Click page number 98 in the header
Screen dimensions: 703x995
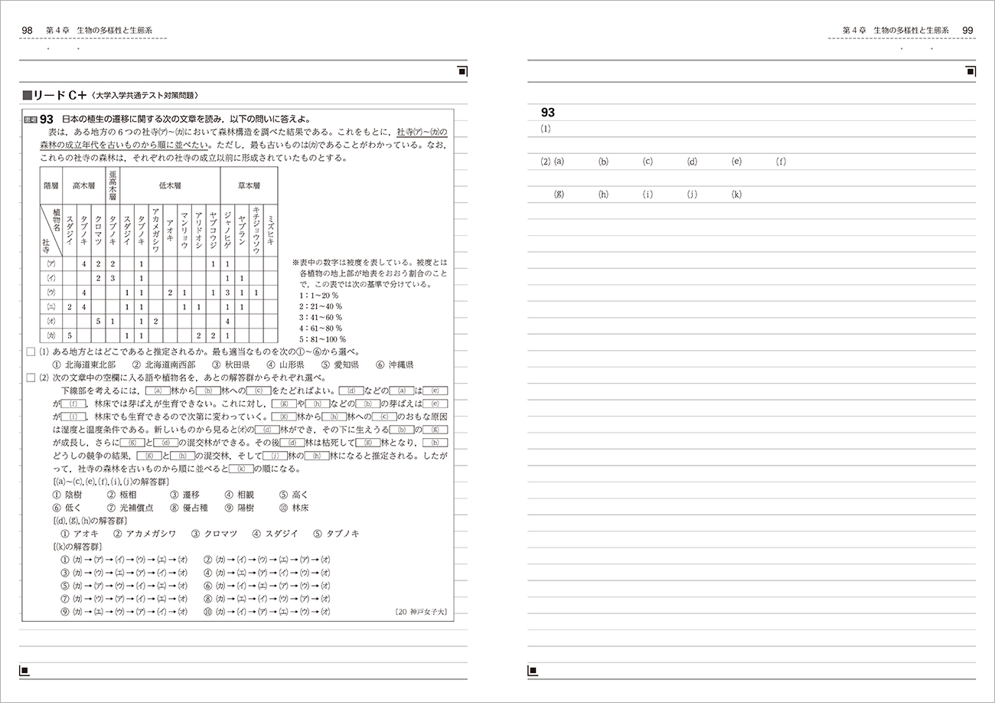(x=28, y=30)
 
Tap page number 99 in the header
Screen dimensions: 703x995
(x=967, y=30)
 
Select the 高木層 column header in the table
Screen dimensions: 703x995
(x=82, y=185)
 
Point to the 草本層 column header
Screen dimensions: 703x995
(x=248, y=185)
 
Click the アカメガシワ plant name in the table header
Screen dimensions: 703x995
(x=155, y=231)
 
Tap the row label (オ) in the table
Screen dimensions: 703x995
(x=51, y=321)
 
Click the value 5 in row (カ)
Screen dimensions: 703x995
(x=69, y=335)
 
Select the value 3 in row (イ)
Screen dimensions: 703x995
(x=112, y=278)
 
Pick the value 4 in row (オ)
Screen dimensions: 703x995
(x=227, y=321)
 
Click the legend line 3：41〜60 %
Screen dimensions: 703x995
(x=321, y=317)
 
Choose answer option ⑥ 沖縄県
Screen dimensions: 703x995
(x=395, y=365)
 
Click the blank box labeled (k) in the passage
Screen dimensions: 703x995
(x=241, y=469)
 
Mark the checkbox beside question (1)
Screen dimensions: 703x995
(x=30, y=351)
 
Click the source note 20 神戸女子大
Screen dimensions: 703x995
(x=420, y=612)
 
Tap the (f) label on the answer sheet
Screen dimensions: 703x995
(x=781, y=162)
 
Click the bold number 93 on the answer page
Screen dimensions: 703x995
(x=547, y=113)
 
